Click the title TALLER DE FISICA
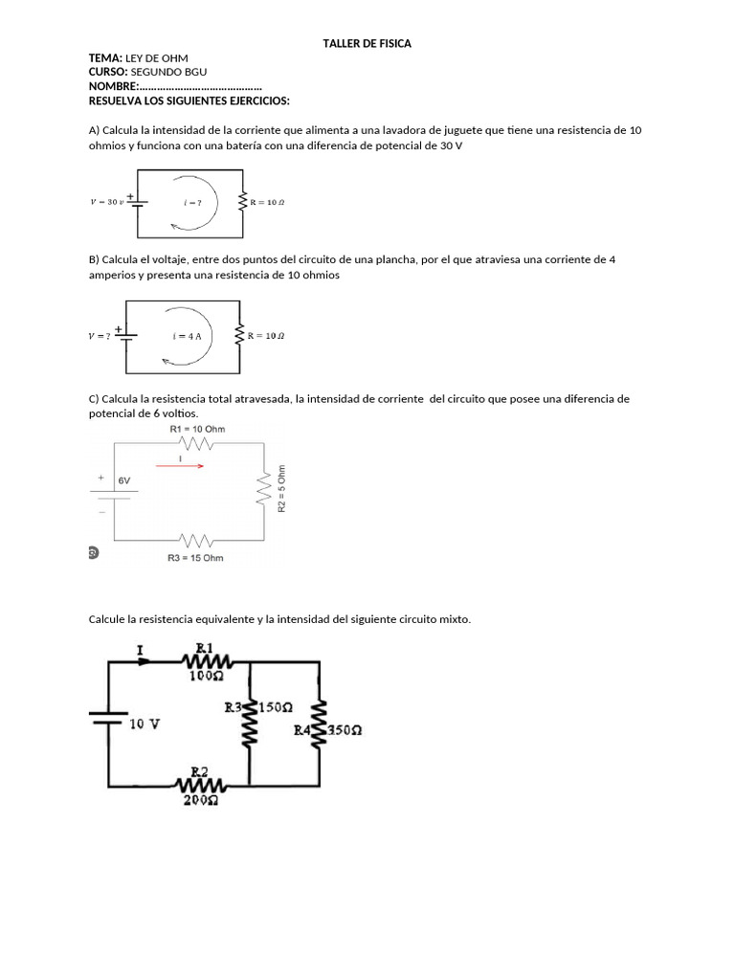[367, 44]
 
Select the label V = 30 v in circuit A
[106, 202]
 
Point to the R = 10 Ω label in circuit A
[267, 202]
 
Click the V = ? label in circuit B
[100, 336]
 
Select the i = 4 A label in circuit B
[188, 336]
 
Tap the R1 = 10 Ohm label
[197, 430]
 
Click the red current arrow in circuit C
[188, 466]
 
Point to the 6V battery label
[124, 480]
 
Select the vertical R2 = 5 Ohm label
[281, 489]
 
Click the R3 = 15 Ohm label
[195, 557]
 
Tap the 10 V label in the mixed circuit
[145, 724]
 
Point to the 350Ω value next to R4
[345, 730]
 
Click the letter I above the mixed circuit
[140, 650]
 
